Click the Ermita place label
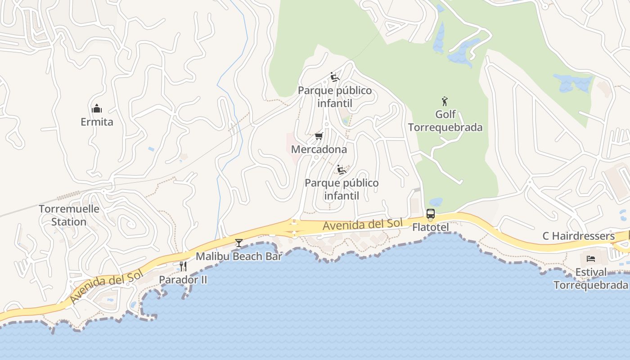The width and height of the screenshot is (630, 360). point(97,122)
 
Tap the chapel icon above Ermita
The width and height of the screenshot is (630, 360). point(97,108)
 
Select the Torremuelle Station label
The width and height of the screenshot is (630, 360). point(69,215)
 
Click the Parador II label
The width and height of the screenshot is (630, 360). point(183,279)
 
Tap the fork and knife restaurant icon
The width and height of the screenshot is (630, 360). point(183,266)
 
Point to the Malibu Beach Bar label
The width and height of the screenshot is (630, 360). point(238,256)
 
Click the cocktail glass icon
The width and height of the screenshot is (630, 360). point(239,243)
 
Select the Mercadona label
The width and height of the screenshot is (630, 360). point(319,149)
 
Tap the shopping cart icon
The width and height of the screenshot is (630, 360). point(319,136)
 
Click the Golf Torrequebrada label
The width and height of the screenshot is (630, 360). point(445,121)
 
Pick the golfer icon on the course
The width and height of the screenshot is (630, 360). point(445,101)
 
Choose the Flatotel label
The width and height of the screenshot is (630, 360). point(431,227)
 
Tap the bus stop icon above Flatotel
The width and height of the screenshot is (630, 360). point(431,214)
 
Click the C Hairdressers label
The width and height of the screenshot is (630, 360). point(578,236)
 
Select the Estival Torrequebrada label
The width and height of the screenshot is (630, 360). point(591,279)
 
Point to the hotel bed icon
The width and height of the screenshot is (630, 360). point(591,259)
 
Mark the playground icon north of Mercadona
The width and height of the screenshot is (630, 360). point(334,77)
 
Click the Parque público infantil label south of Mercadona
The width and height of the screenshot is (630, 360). point(342,189)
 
